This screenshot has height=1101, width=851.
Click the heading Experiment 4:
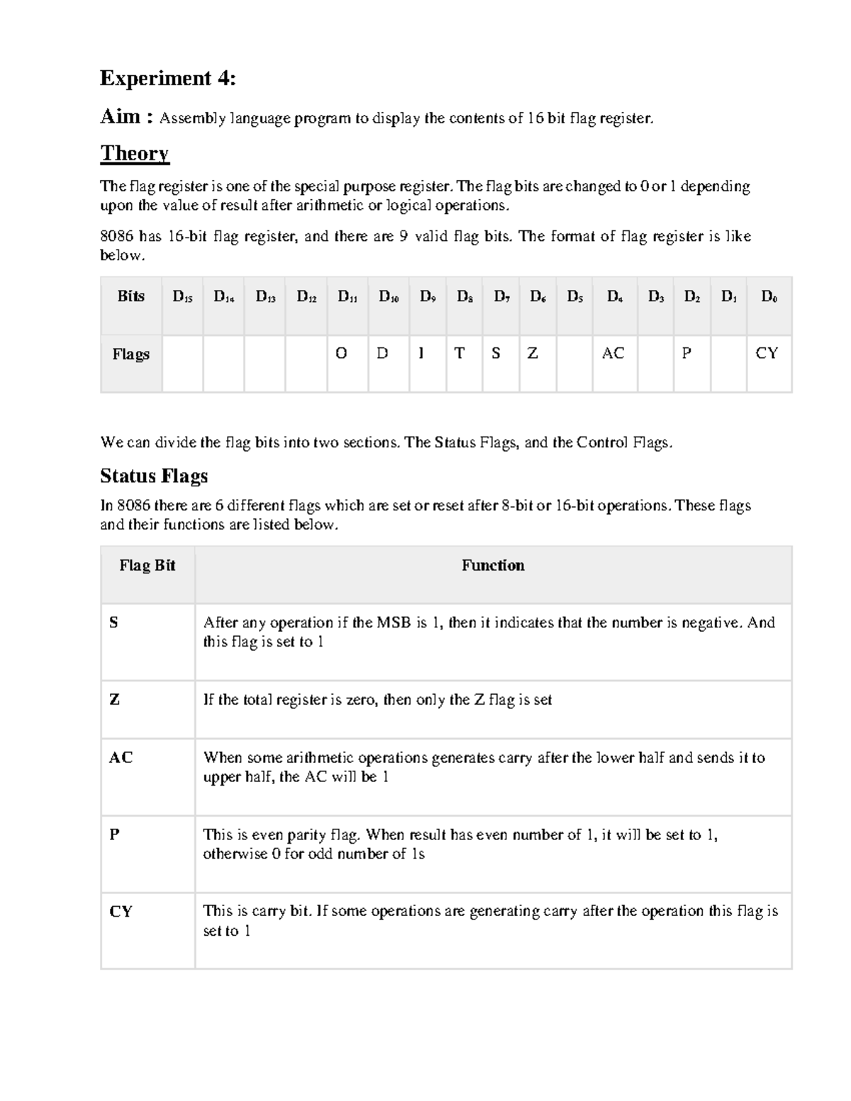pyautogui.click(x=167, y=78)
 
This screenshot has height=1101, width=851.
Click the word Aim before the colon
pyautogui.click(x=120, y=116)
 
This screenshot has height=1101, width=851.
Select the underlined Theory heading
pyautogui.click(x=135, y=153)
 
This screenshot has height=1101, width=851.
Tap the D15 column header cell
pyautogui.click(x=182, y=297)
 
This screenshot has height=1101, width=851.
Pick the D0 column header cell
pyautogui.click(x=769, y=297)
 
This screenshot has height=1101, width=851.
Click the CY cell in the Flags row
pyautogui.click(x=767, y=353)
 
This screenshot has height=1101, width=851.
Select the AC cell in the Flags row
pyautogui.click(x=613, y=353)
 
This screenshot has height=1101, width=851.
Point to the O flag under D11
pyautogui.click(x=341, y=353)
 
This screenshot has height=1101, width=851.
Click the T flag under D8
pyautogui.click(x=459, y=353)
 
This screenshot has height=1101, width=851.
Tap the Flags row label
pyautogui.click(x=131, y=354)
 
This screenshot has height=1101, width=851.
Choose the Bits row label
pyautogui.click(x=131, y=296)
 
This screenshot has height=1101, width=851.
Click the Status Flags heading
pyautogui.click(x=154, y=476)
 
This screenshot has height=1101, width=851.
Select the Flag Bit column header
pyautogui.click(x=147, y=566)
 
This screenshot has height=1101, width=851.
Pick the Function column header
pyautogui.click(x=493, y=566)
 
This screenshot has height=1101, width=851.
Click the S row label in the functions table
pyautogui.click(x=113, y=623)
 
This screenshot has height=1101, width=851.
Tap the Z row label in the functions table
pyautogui.click(x=114, y=700)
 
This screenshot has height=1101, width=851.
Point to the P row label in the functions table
pyautogui.click(x=114, y=834)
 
